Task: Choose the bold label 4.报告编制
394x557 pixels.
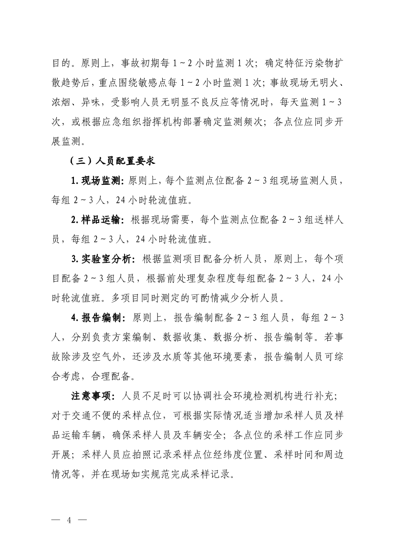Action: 97,317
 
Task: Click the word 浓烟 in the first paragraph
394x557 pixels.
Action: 63,102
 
